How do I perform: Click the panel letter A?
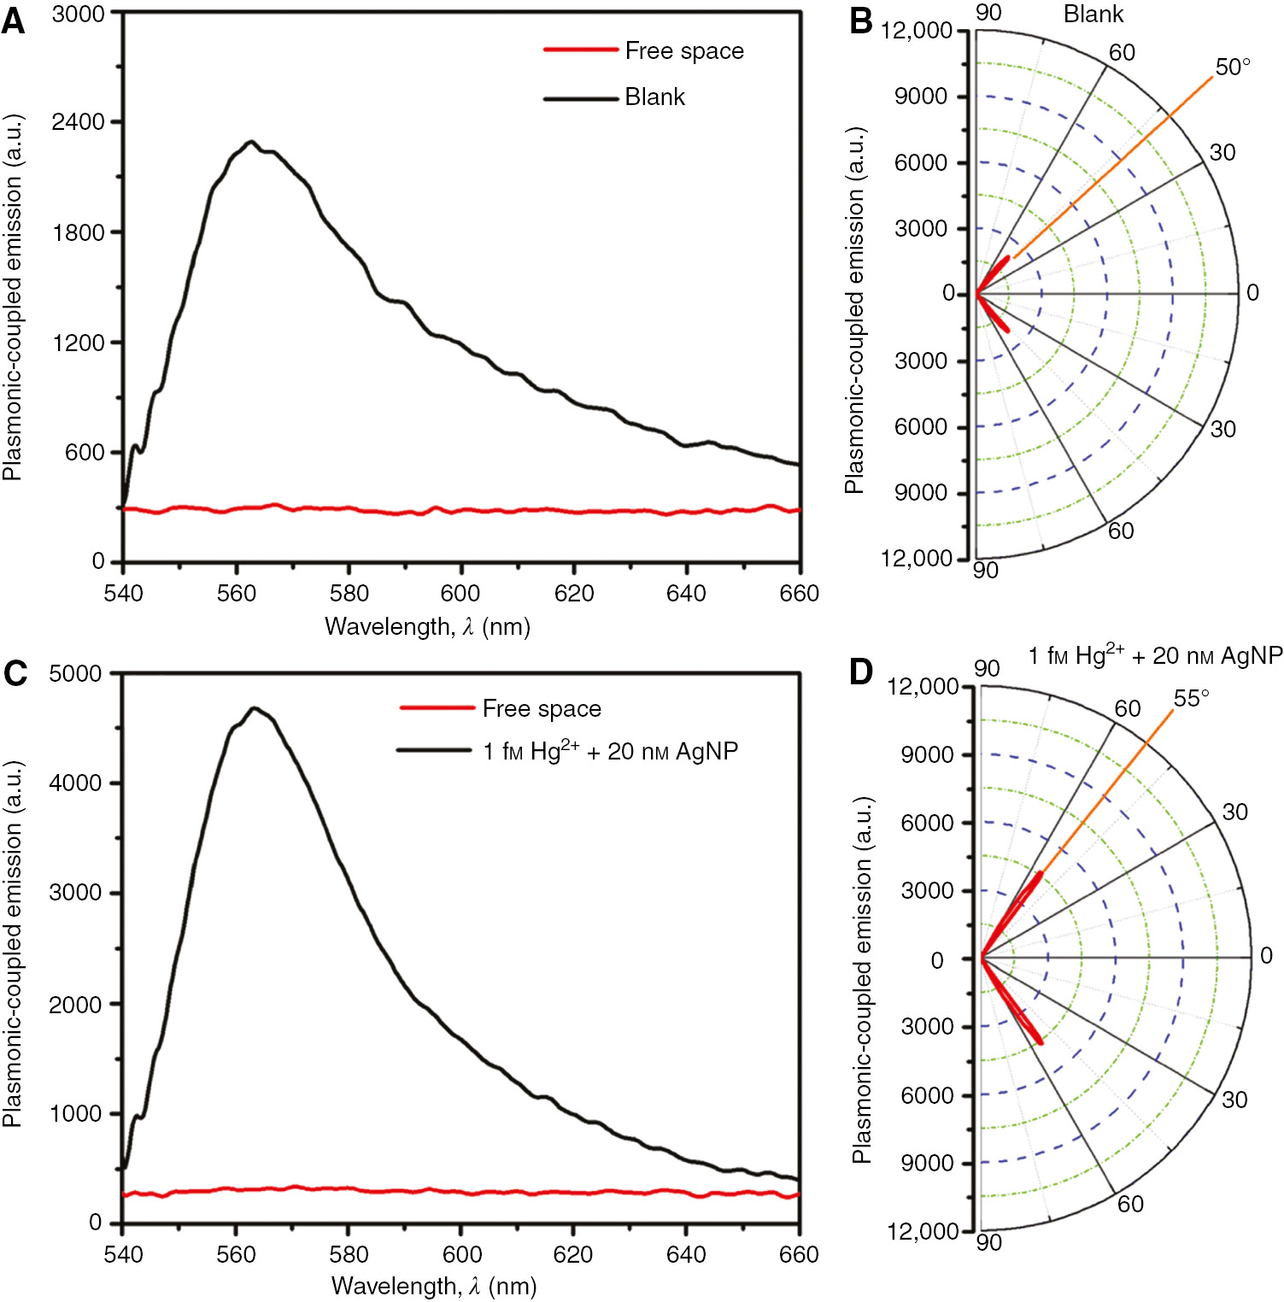click(13, 21)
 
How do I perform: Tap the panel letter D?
click(860, 672)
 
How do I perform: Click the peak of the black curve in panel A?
click(251, 143)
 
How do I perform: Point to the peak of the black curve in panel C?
click(254, 708)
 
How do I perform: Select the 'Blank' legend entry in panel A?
click(654, 97)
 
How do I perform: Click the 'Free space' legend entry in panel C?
click(542, 709)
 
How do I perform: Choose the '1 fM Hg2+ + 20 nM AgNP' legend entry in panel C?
click(610, 751)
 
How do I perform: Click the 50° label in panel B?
click(1232, 67)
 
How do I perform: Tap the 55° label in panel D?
click(1191, 698)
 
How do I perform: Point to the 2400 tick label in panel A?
click(78, 122)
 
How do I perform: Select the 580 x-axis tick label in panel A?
click(349, 594)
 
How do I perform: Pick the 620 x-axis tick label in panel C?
click(573, 1254)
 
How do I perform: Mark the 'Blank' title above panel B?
click(1093, 15)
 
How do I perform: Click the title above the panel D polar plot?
click(1155, 656)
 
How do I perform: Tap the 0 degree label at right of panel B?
click(1252, 293)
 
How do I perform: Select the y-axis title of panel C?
click(12, 944)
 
